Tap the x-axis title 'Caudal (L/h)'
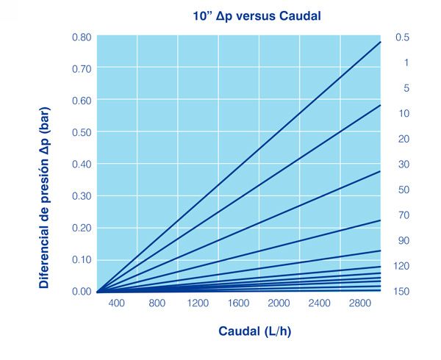pos(254,331)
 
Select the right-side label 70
pos(404,215)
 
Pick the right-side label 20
pos(404,139)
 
